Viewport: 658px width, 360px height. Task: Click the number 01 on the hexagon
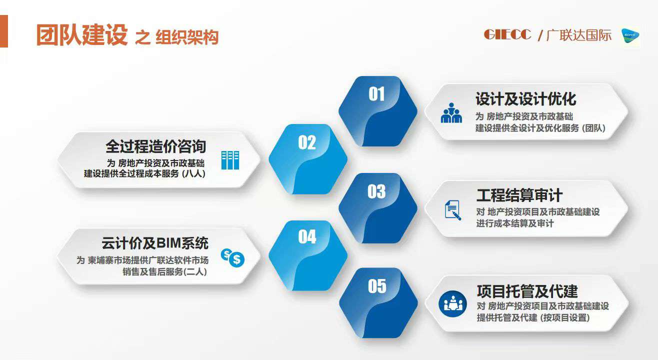(376, 94)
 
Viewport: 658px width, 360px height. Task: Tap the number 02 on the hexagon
(307, 142)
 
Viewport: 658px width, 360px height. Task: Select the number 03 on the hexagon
(376, 191)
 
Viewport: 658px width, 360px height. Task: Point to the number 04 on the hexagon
(307, 236)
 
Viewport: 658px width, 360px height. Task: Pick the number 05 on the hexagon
(377, 286)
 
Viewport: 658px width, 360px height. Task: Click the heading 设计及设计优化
(526, 98)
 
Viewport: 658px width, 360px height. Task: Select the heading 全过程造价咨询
(155, 146)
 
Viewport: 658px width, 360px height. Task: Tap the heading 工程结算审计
(519, 195)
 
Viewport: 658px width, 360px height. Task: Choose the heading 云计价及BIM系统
(155, 243)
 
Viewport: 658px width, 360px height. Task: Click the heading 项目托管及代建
(527, 291)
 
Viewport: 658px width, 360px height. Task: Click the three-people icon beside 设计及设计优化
(451, 113)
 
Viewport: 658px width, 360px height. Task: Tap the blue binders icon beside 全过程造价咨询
(230, 160)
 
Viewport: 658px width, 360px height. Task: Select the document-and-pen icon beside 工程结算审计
(453, 210)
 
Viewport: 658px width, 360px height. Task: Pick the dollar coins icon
(232, 258)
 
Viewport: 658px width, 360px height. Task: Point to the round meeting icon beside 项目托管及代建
(452, 304)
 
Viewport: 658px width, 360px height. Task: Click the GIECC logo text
(507, 34)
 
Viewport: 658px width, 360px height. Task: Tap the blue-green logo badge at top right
(630, 36)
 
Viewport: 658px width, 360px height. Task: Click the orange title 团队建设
(82, 35)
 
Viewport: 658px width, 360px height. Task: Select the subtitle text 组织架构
(187, 37)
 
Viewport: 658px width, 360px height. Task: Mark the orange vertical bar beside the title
(4, 31)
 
